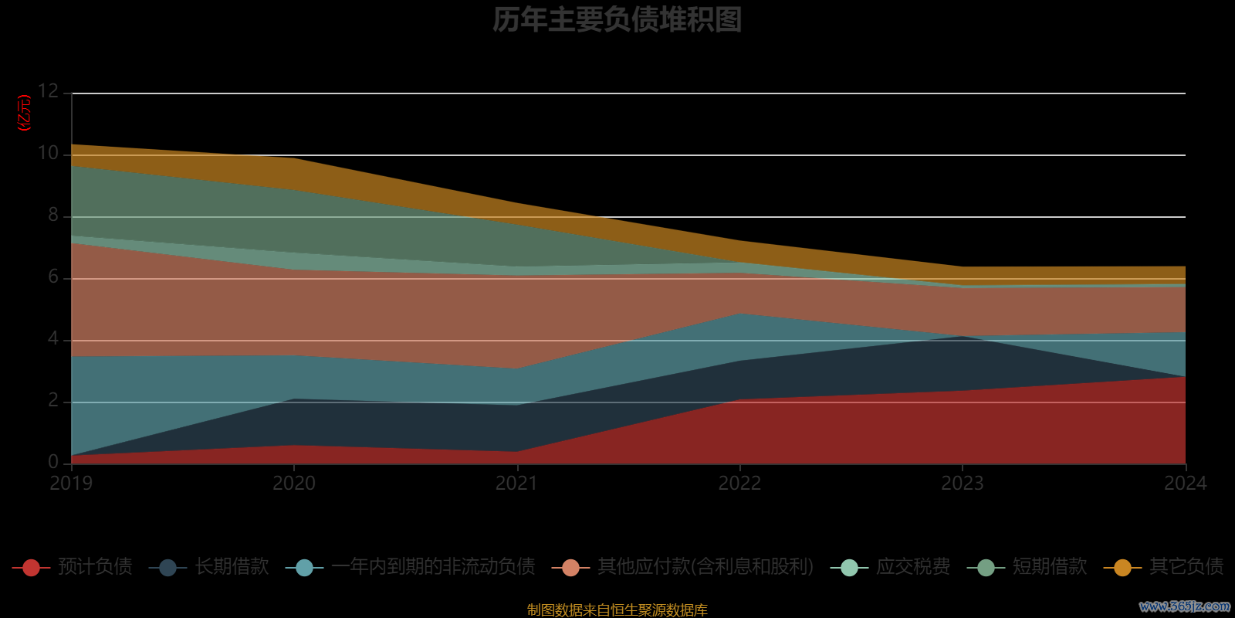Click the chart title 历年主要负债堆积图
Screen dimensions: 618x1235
click(617, 20)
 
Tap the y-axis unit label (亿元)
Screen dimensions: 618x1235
click(25, 113)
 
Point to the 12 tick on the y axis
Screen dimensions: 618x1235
click(49, 91)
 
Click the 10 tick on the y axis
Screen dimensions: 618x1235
click(49, 153)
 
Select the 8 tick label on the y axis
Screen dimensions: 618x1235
click(53, 215)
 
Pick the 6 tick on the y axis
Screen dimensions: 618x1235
click(53, 277)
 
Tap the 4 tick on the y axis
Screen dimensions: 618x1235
click(53, 338)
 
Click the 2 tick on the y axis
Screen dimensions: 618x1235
click(53, 400)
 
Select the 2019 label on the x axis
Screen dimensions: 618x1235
click(71, 484)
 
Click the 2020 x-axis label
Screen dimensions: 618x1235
click(294, 484)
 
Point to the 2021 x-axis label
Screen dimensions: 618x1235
click(516, 484)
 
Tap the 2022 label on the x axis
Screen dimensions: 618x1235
click(739, 484)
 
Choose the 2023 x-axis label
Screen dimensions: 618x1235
click(963, 484)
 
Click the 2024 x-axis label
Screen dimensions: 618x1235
click(1185, 484)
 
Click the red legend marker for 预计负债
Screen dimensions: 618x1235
click(32, 568)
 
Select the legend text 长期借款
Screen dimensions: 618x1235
click(232, 567)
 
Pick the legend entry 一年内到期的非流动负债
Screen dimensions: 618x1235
click(433, 567)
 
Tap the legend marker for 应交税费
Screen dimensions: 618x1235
click(849, 568)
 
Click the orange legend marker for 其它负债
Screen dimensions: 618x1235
click(1122, 568)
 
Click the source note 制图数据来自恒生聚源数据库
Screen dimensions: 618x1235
click(617, 610)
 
